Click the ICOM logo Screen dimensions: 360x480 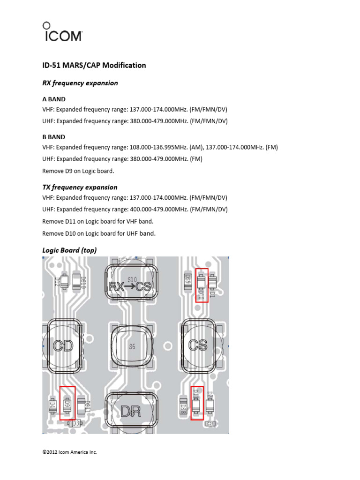[62, 32]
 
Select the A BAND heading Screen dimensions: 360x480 [54, 99]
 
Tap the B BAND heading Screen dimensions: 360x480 [54, 137]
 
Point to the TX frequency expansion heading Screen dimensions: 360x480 [80, 187]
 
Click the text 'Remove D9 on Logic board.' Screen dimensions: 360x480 [78, 171]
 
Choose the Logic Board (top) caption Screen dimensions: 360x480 [69, 250]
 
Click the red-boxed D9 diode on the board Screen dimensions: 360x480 [67, 402]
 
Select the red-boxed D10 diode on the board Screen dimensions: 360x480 [202, 285]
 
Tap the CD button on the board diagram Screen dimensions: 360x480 [63, 346]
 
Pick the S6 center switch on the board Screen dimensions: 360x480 [132, 347]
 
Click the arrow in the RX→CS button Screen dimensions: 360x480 [131, 287]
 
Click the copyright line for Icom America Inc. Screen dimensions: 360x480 [69, 452]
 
